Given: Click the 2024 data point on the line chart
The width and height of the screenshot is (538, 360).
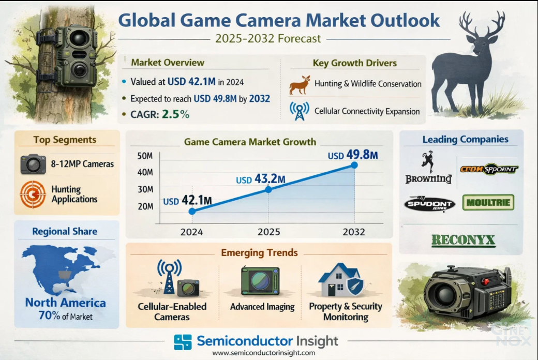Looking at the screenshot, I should (192, 211).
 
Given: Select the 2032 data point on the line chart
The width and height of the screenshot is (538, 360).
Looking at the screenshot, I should (354, 165).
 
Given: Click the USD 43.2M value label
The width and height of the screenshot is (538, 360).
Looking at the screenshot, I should (261, 179).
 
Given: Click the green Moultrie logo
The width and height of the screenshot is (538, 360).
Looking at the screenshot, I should (488, 202).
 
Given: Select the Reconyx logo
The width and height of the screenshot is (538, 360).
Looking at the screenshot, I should (463, 240).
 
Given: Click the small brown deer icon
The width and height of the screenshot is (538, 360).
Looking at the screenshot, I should (300, 85).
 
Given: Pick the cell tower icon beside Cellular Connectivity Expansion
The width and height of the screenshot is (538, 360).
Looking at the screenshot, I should (299, 111).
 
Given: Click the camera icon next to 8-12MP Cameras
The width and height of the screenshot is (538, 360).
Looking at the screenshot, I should (33, 164).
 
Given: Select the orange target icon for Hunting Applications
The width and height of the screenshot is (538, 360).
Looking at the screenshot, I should (33, 194).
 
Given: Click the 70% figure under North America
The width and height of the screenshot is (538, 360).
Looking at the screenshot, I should (49, 316).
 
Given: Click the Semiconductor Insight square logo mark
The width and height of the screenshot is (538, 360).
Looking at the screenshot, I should (183, 342).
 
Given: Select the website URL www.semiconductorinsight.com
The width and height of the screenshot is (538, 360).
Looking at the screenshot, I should (264, 353).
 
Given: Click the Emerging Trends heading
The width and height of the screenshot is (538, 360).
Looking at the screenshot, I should (259, 253).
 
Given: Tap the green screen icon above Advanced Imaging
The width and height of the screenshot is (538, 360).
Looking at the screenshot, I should (260, 281).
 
